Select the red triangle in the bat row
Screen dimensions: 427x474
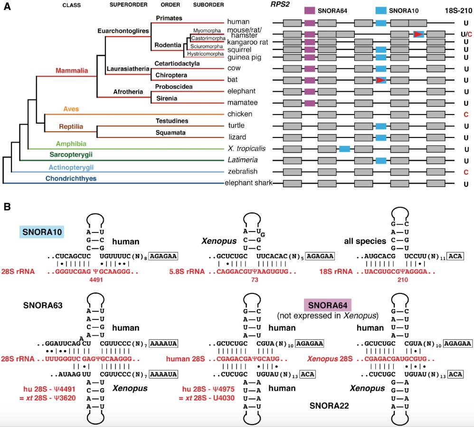(x=380, y=80)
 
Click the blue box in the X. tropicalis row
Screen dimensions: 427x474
(x=345, y=149)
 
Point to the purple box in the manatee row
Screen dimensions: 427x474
(x=310, y=103)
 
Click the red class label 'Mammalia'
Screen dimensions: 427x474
(x=72, y=70)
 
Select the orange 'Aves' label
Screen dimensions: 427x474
(x=71, y=109)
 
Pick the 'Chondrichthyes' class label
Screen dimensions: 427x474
(x=71, y=179)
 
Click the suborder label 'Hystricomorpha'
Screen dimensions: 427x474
(x=205, y=54)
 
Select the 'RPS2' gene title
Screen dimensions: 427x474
(x=278, y=5)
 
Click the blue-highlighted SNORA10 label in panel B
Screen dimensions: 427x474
(x=42, y=231)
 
